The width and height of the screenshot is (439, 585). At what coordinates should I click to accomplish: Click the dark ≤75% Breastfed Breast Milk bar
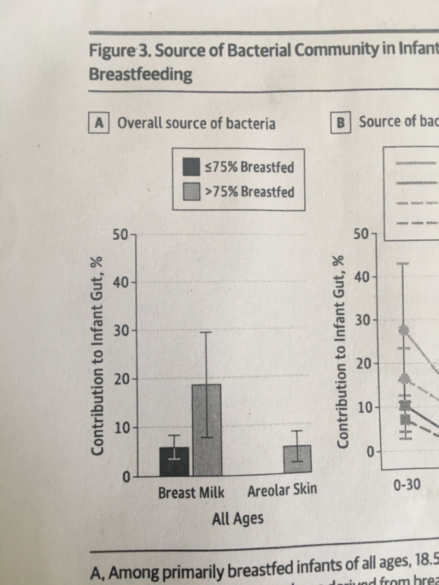[x=174, y=462]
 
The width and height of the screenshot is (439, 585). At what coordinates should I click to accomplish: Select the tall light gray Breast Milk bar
[x=206, y=430]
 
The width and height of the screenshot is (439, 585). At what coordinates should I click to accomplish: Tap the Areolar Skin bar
[x=297, y=461]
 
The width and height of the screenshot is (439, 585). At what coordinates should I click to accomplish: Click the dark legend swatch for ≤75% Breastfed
[x=191, y=167]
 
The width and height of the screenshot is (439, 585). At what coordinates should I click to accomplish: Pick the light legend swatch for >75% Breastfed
[x=191, y=192]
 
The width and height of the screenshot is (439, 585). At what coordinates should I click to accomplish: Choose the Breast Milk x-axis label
[x=191, y=493]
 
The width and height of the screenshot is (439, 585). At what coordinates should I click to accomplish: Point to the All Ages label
[x=237, y=519]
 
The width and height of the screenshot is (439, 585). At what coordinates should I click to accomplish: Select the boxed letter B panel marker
[x=341, y=122]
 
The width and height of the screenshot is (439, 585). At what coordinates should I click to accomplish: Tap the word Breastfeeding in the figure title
[x=140, y=74]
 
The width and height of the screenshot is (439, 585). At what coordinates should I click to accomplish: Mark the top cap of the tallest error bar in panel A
[x=206, y=332]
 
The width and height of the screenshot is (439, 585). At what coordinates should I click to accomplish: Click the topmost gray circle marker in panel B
[x=404, y=330]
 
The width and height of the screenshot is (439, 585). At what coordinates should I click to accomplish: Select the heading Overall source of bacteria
[x=196, y=123]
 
